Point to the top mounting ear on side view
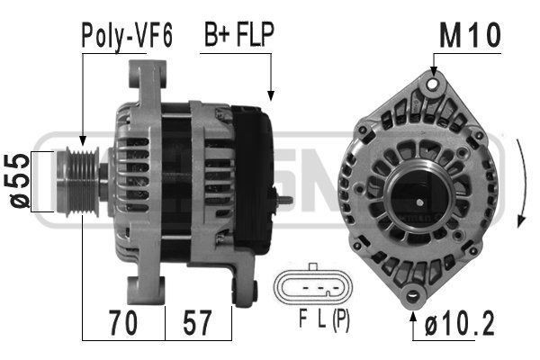coord(148,76)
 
